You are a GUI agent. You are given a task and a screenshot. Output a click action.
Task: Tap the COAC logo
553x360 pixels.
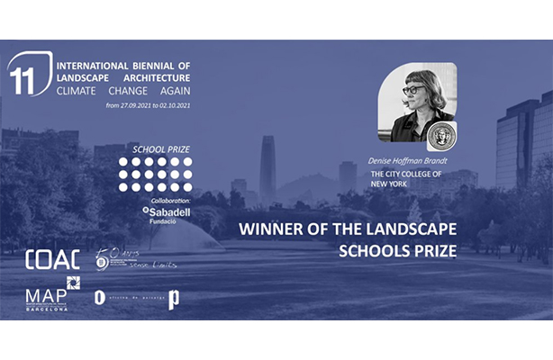pos(52,259)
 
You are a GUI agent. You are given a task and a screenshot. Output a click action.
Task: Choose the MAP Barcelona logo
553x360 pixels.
pos(47,295)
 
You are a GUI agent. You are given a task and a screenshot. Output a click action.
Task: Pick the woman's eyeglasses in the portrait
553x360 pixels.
pos(413,89)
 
